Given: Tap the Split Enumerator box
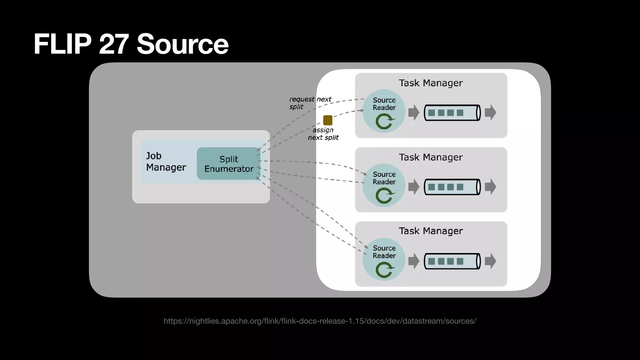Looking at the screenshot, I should click(x=228, y=164).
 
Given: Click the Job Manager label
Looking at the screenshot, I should click(x=166, y=162).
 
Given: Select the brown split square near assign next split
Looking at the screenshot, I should click(x=327, y=120).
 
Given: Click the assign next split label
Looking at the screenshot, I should click(x=323, y=134).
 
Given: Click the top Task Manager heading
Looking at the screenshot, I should click(x=430, y=83).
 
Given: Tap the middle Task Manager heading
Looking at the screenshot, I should click(x=430, y=157).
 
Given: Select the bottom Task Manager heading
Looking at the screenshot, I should click(x=430, y=231).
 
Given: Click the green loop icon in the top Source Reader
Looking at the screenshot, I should click(x=384, y=122).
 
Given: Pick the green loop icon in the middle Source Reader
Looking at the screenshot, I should click(x=384, y=196).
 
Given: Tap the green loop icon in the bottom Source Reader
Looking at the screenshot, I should click(x=384, y=270).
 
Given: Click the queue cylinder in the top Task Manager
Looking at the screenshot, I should click(x=452, y=113).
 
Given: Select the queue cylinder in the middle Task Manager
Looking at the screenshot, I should click(x=452, y=187).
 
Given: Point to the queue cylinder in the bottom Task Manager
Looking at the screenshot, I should click(x=452, y=261).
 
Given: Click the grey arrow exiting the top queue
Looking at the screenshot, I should click(x=490, y=112).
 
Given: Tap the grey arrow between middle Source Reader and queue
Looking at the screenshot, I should click(x=414, y=187).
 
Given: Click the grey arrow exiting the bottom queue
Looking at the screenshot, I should click(x=490, y=261).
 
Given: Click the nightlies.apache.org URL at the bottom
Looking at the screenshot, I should click(x=320, y=321).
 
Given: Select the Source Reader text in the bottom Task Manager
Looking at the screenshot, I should click(x=384, y=252).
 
